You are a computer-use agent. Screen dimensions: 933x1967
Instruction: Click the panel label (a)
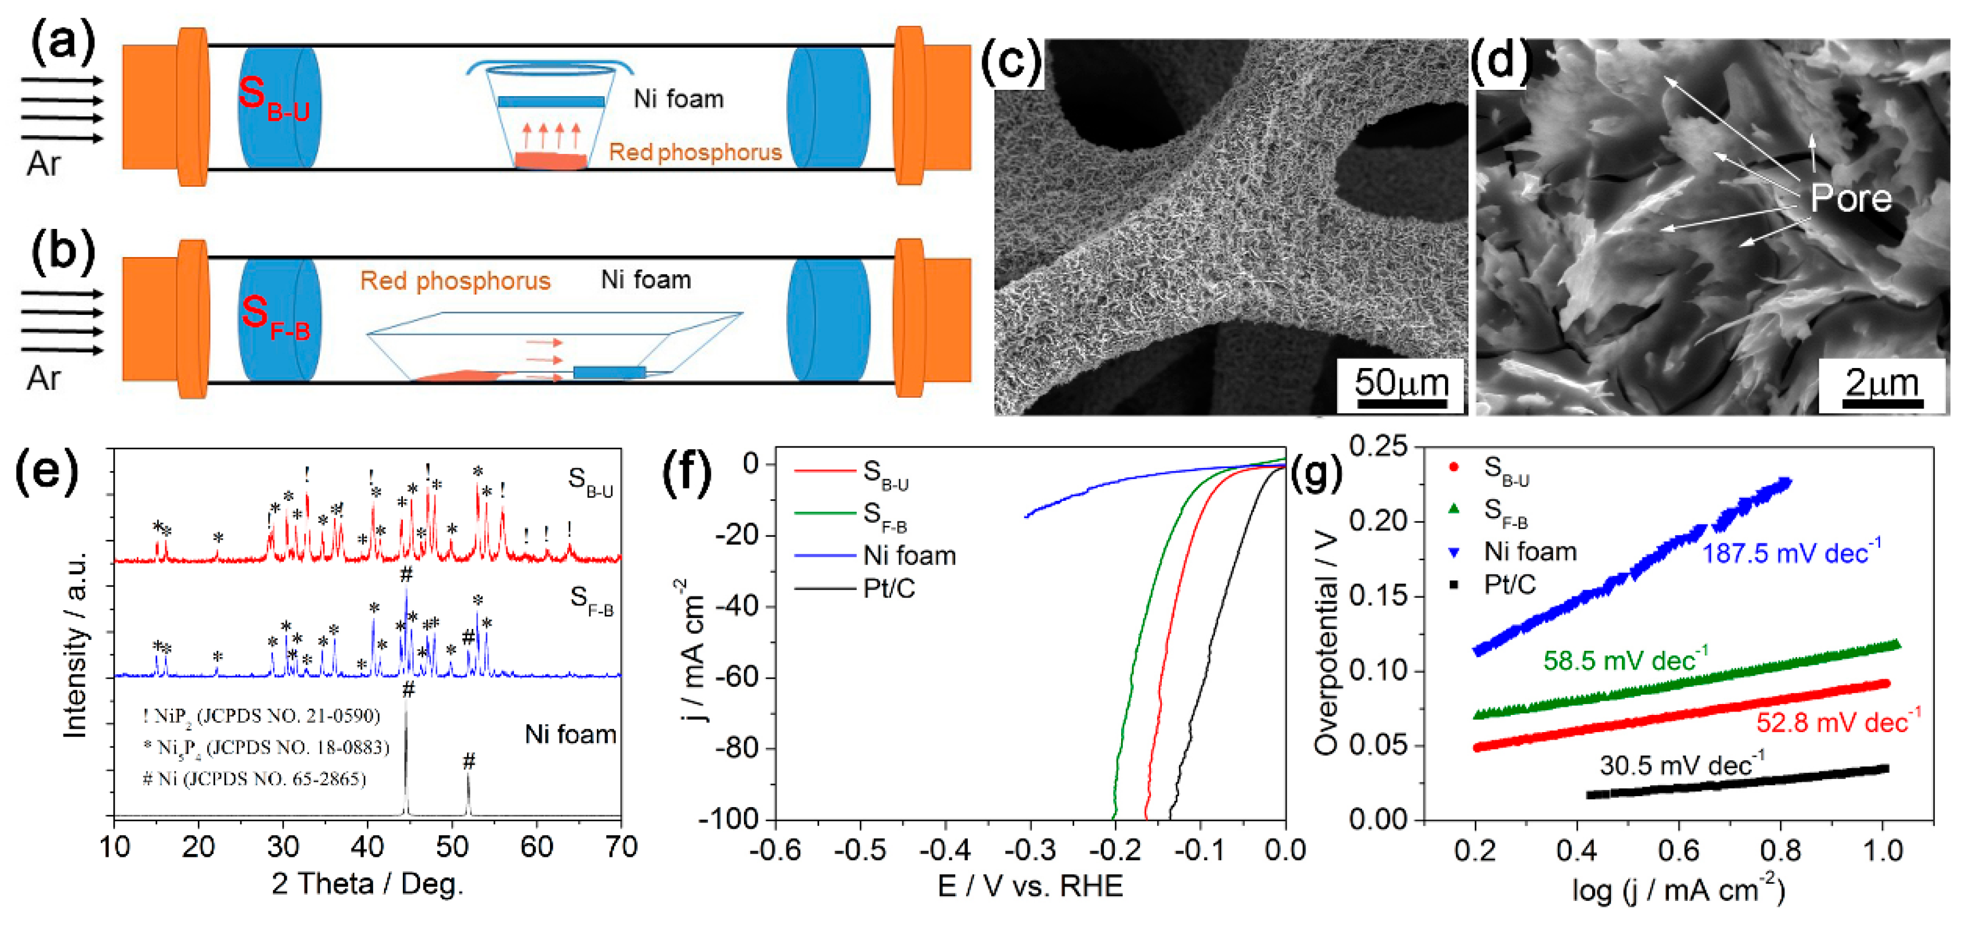click(x=62, y=42)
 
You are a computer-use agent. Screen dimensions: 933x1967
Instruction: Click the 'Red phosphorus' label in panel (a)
click(x=695, y=152)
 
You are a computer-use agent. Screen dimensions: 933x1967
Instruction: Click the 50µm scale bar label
click(x=1401, y=382)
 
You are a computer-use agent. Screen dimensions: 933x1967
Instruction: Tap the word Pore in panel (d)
click(x=1851, y=199)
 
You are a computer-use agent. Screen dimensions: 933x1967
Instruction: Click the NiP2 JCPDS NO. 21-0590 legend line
click(x=261, y=715)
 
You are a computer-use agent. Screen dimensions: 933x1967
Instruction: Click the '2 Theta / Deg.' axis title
click(x=367, y=884)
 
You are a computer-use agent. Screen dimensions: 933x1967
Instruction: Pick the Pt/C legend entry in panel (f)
click(x=888, y=588)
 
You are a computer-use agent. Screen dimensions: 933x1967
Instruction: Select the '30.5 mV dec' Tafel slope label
click(x=1681, y=764)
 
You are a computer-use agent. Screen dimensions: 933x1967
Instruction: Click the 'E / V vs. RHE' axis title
click(x=1030, y=885)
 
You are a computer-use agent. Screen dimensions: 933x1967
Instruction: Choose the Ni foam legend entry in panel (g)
click(x=1529, y=551)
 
